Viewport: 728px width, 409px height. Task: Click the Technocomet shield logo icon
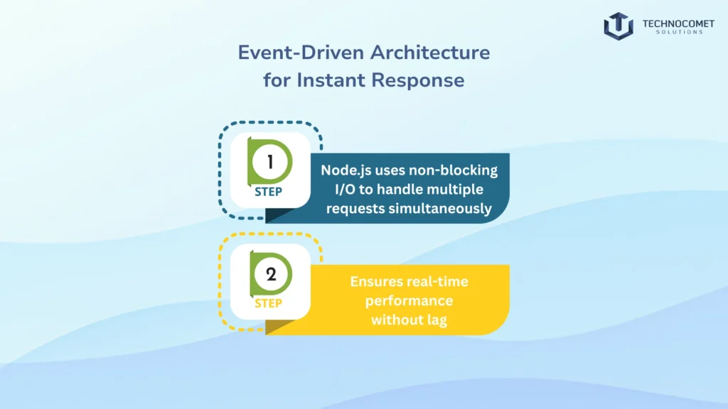point(618,26)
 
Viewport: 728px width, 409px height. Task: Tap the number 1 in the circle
point(270,162)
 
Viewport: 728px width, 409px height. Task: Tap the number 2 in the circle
point(270,275)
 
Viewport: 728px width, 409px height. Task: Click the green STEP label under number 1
point(268,191)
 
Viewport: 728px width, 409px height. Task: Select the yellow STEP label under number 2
point(268,304)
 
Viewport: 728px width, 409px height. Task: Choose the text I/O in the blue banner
point(331,190)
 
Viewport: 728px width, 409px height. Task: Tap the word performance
point(409,301)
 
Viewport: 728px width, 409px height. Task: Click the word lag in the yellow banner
point(435,320)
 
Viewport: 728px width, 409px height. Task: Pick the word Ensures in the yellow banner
point(374,282)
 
